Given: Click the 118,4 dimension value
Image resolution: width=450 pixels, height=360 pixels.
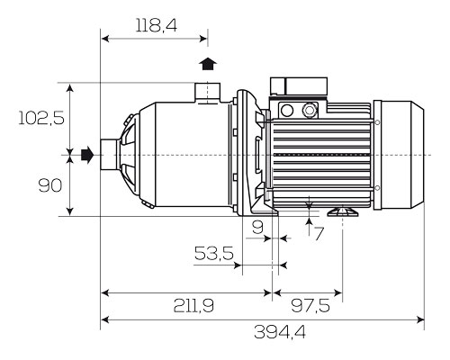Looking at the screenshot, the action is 157,25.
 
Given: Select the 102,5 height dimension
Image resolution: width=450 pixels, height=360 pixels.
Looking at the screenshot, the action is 41,118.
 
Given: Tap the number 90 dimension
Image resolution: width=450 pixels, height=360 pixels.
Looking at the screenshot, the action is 50,185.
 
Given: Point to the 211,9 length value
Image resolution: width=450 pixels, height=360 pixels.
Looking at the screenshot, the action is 193,306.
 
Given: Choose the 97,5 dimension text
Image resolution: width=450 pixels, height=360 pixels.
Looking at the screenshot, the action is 310,306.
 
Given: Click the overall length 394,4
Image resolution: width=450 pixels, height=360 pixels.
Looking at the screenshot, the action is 280,332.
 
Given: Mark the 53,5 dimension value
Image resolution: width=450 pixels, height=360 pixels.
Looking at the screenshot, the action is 214,253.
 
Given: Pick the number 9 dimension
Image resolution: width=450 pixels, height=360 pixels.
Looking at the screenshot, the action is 257,227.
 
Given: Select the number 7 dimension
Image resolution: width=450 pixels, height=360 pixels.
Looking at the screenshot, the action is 319,234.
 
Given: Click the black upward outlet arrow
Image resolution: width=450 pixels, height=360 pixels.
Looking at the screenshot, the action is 208,64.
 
